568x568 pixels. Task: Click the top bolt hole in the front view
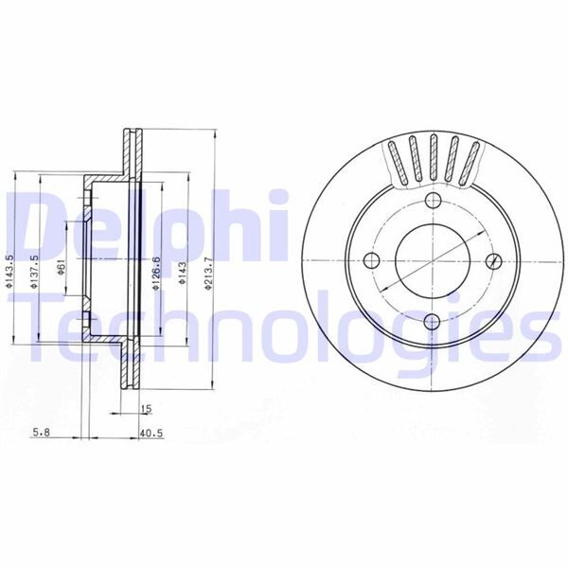point(432,201)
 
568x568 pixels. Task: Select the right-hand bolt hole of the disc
point(492,261)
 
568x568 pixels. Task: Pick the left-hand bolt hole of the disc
point(371,261)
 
